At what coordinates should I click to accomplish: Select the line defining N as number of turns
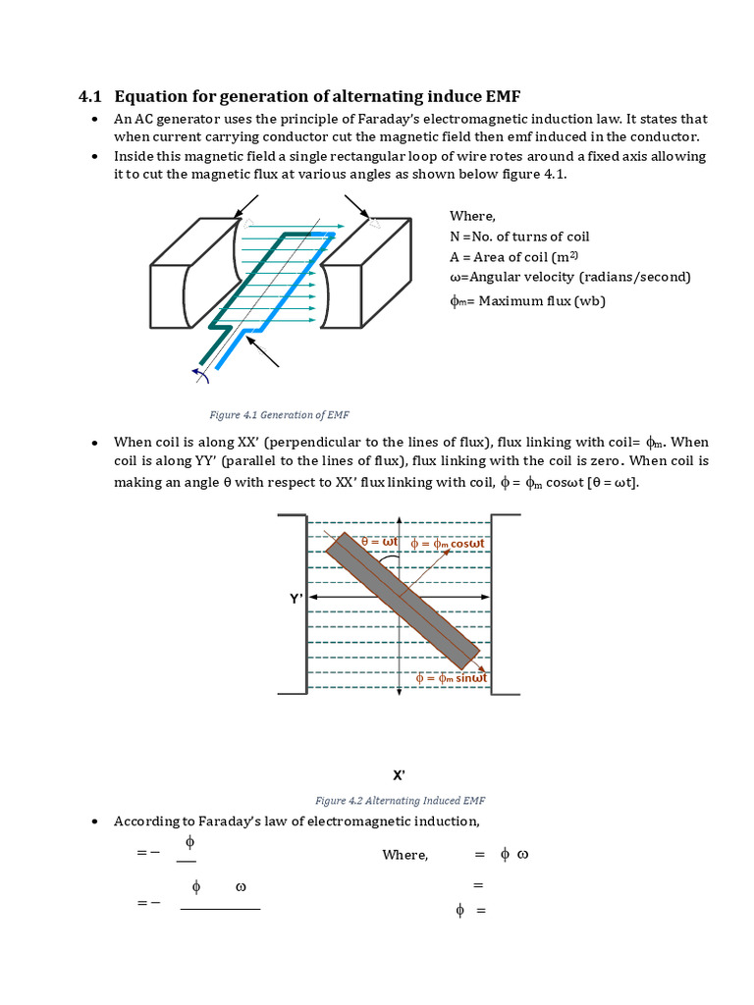[519, 237]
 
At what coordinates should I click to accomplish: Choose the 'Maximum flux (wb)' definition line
[527, 300]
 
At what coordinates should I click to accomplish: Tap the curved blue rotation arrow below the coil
[201, 373]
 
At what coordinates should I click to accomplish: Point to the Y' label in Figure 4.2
[295, 598]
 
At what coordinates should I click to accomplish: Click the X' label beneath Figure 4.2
[399, 774]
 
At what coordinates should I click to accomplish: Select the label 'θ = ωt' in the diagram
[379, 542]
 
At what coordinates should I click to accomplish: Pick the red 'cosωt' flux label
[448, 543]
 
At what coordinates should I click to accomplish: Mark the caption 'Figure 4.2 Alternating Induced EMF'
[400, 800]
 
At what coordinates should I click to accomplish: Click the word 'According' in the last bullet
[146, 820]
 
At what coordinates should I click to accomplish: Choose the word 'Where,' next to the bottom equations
[404, 855]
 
